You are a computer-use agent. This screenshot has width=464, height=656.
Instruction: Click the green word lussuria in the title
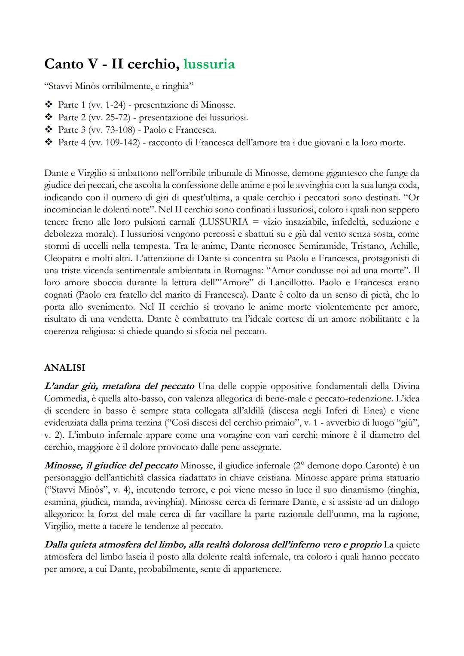tap(209, 64)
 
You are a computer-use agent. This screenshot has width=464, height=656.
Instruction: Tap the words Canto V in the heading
tap(71, 64)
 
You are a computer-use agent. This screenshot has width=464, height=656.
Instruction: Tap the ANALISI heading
tap(64, 368)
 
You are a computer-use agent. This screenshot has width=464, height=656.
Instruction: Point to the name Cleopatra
tap(64, 259)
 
